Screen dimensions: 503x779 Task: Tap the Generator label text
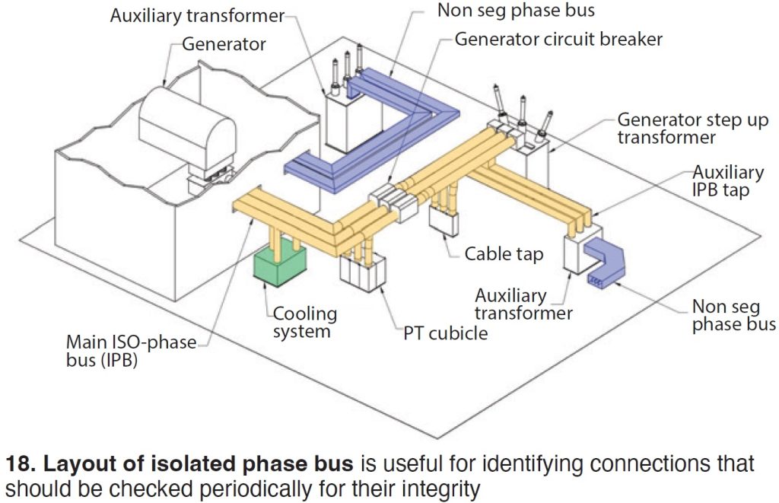click(224, 44)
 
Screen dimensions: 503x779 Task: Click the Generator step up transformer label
click(692, 129)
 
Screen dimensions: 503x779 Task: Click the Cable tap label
click(504, 254)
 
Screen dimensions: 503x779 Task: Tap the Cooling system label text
click(304, 322)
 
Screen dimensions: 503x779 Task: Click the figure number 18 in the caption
click(17, 463)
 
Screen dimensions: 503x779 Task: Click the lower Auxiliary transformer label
click(523, 304)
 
